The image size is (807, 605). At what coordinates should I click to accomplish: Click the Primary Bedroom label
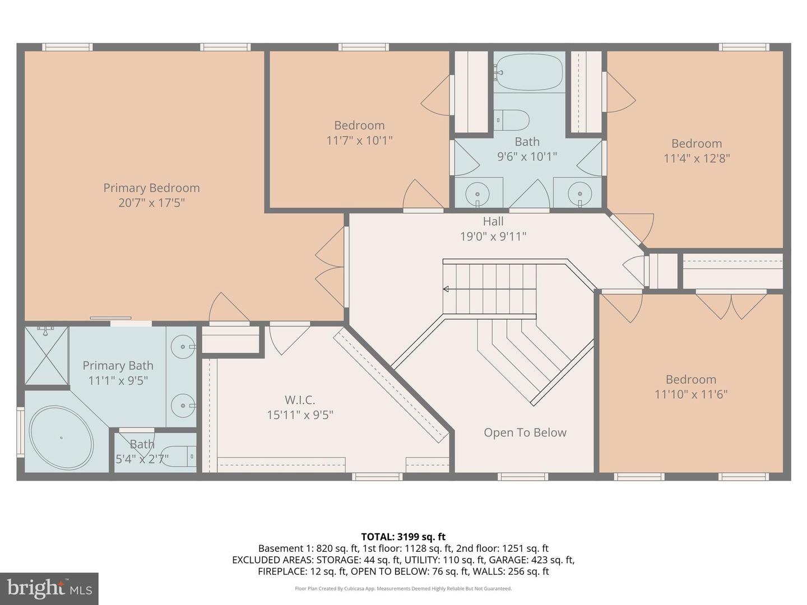tap(151, 188)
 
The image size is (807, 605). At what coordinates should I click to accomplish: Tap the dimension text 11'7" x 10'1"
tap(359, 140)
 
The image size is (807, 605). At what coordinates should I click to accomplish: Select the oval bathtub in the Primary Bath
tap(61, 438)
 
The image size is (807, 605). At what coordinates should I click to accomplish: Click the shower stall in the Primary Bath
tap(47, 355)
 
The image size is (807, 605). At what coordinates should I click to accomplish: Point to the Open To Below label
tap(525, 432)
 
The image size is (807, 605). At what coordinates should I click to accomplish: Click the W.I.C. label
tap(300, 400)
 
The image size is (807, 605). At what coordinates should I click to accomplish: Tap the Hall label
tap(493, 221)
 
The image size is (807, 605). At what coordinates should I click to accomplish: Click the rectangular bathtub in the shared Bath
tap(528, 72)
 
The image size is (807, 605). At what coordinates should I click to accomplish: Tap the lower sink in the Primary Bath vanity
tap(182, 405)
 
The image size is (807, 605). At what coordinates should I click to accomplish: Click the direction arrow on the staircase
tap(447, 289)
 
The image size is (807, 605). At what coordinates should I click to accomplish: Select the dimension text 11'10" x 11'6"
tap(690, 394)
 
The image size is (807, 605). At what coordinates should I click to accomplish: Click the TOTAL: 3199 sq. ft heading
tap(403, 537)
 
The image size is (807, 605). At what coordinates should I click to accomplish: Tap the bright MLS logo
tap(49, 588)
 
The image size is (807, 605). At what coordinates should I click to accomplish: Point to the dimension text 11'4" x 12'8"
tap(697, 159)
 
